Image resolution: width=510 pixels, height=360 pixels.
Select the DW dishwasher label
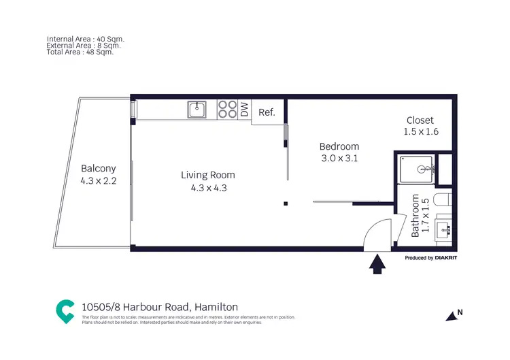(244, 110)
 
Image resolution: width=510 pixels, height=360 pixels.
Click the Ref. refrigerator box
(267, 112)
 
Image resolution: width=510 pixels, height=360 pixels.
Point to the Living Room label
(208, 175)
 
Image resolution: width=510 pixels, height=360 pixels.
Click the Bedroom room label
(339, 146)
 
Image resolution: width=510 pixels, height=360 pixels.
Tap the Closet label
(419, 120)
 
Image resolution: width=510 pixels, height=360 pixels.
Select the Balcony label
(99, 169)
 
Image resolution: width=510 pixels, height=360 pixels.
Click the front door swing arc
(376, 231)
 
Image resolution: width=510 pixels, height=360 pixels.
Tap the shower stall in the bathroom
(416, 168)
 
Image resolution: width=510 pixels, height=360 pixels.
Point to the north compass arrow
(452, 315)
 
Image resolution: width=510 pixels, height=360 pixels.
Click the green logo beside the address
(65, 311)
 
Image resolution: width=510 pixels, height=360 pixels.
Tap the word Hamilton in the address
(216, 307)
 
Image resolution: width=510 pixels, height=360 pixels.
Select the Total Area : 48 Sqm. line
(80, 52)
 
